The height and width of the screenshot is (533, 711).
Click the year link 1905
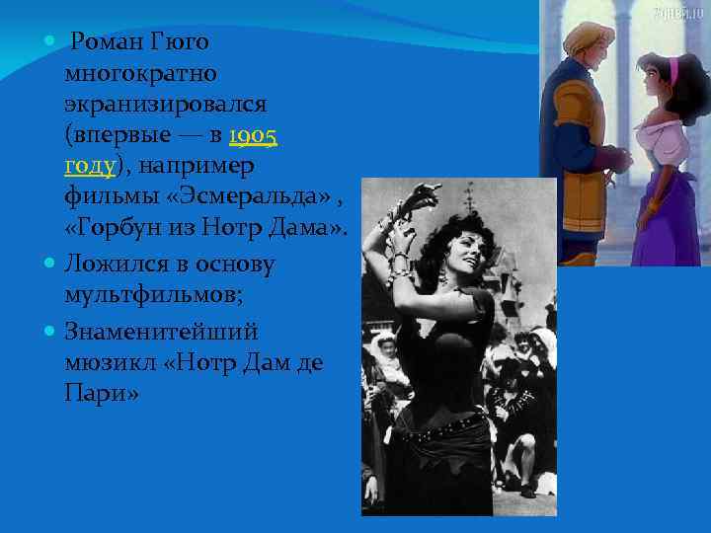252,135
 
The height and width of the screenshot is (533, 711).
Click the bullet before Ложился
49,264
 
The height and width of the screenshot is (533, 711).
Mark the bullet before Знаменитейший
49,328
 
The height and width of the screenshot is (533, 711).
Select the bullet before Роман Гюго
49,41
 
